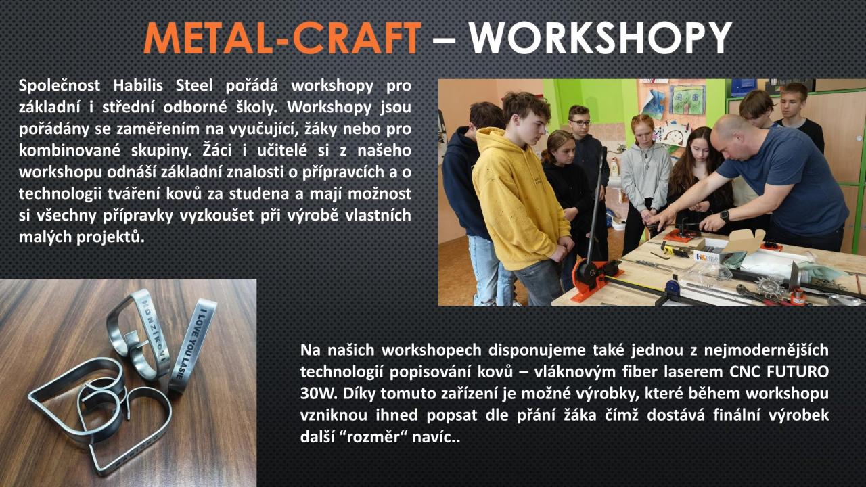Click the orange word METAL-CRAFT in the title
[x=282, y=37]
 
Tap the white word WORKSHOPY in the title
[x=601, y=37]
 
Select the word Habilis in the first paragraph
[x=138, y=85]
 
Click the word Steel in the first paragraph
[x=194, y=85]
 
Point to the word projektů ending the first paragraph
[x=110, y=237]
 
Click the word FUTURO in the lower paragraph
[x=798, y=372]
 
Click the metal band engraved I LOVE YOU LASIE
[x=193, y=345]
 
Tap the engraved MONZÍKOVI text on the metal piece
[x=154, y=329]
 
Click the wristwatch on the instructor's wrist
[x=725, y=215]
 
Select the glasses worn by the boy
[x=580, y=123]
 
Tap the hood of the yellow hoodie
[x=494, y=142]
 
